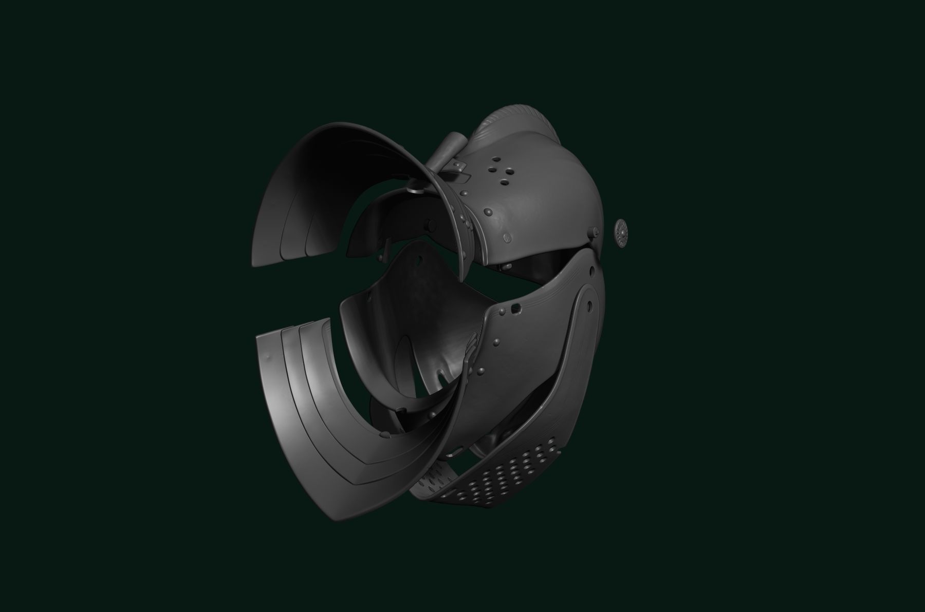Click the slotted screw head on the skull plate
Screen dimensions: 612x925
tap(508, 237)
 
